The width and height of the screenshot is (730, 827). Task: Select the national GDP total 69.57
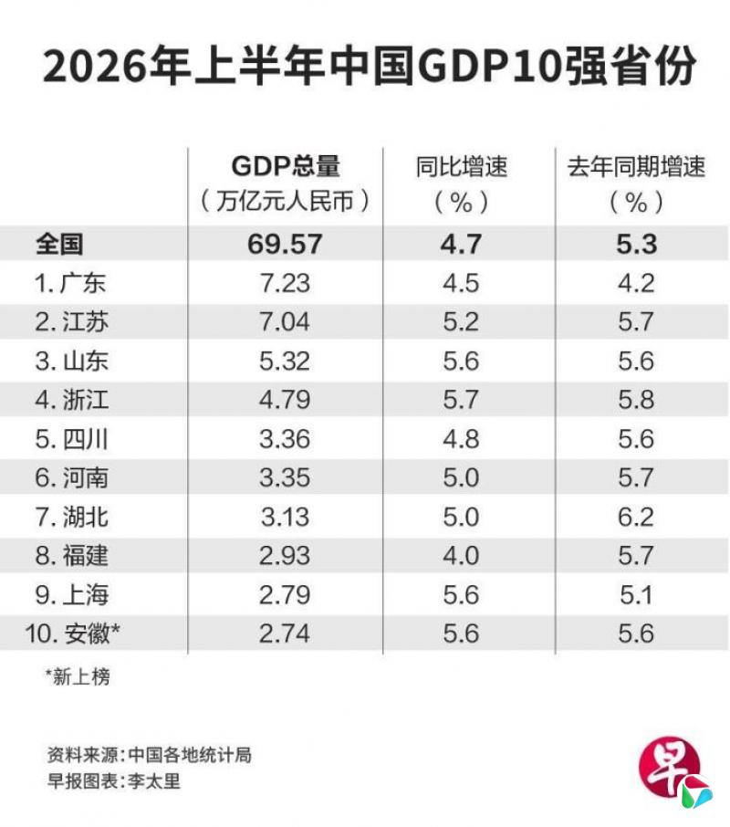pyautogui.click(x=285, y=245)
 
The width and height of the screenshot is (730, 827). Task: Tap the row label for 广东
pyautogui.click(x=70, y=283)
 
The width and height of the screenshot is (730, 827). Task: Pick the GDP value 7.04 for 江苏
pyautogui.click(x=285, y=321)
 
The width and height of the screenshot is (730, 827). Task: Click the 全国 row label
pyautogui.click(x=59, y=245)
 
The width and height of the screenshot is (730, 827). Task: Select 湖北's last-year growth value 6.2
pyautogui.click(x=636, y=517)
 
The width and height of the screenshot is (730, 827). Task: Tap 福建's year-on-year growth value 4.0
pyautogui.click(x=461, y=556)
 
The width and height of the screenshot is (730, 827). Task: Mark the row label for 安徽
pyautogui.click(x=73, y=633)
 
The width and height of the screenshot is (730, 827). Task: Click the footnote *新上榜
pyautogui.click(x=78, y=676)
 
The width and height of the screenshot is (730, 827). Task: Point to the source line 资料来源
pyautogui.click(x=149, y=755)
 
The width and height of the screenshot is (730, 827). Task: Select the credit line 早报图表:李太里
pyautogui.click(x=114, y=781)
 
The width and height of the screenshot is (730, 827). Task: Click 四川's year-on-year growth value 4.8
pyautogui.click(x=461, y=439)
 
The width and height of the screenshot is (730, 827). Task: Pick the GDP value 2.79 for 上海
pyautogui.click(x=285, y=595)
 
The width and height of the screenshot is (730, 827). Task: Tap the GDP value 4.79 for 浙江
pyautogui.click(x=285, y=400)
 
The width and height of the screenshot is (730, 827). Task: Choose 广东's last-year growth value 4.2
pyautogui.click(x=636, y=283)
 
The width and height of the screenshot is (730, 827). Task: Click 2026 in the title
pyautogui.click(x=94, y=68)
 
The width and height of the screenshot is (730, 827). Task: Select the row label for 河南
pyautogui.click(x=71, y=477)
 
